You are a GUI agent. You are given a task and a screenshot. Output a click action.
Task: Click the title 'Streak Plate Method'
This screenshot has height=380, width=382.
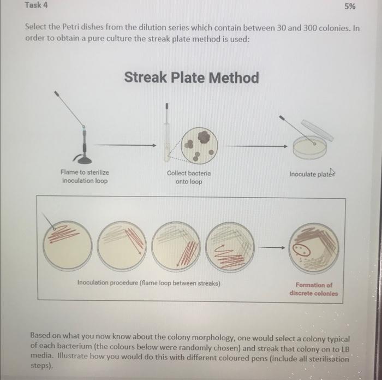(x=191, y=78)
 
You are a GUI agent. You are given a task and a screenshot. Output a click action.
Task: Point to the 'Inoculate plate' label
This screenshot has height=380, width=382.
(x=313, y=174)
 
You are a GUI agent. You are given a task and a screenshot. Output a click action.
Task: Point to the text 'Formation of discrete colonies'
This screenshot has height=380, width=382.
(x=313, y=289)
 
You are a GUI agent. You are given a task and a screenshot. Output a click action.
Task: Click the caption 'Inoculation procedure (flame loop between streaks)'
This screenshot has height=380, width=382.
(x=148, y=283)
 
